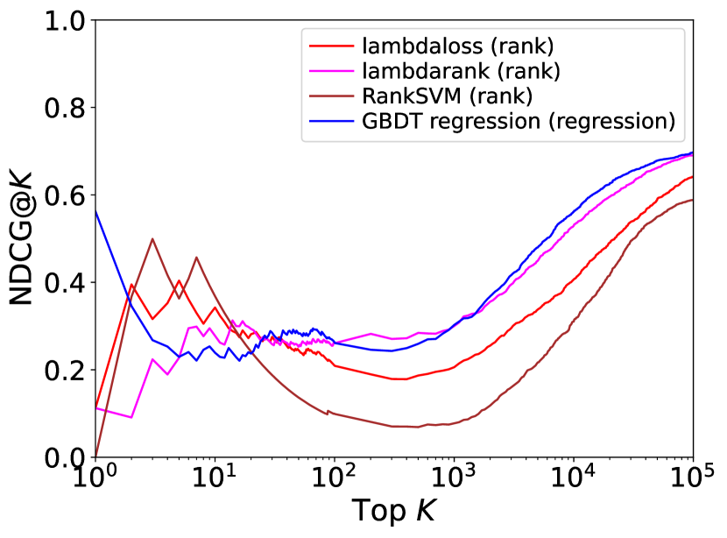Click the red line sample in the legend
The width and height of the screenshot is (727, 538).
[x=332, y=45]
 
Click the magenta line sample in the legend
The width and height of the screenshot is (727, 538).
[x=332, y=70]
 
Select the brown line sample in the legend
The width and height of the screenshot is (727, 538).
[x=332, y=96]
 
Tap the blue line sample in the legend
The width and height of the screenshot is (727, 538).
[x=332, y=121]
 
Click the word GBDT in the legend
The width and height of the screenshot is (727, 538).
[x=391, y=121]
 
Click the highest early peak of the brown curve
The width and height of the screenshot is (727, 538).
[x=152, y=238]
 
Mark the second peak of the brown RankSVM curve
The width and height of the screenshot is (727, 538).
[x=196, y=257]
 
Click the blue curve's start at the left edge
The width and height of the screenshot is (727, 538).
[x=95, y=210]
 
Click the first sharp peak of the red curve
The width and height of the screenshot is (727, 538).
[x=131, y=284]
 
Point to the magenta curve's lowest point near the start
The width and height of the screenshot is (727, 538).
[x=131, y=417]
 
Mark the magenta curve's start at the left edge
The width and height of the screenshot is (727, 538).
[x=95, y=408]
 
